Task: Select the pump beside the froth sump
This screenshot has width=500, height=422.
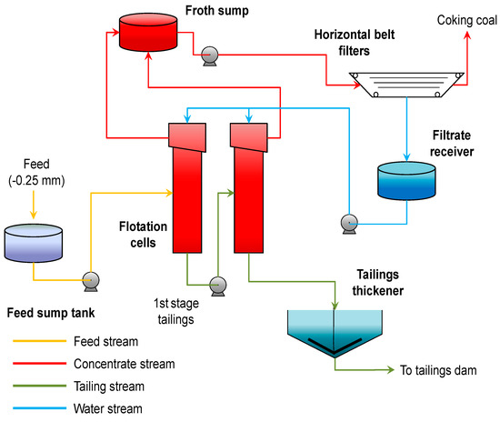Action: tap(208, 53)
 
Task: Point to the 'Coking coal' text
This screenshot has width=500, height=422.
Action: tap(466, 19)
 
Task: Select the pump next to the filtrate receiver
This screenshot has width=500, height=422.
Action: tap(346, 220)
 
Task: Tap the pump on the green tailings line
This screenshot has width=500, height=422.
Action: tap(217, 284)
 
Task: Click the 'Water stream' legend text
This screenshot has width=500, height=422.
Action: tap(105, 407)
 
